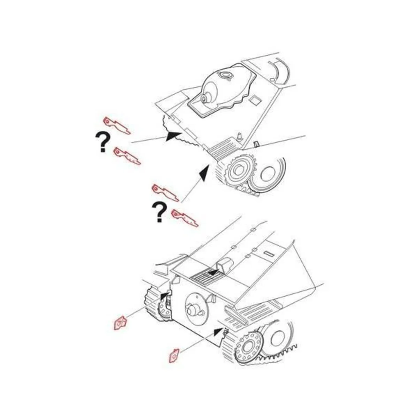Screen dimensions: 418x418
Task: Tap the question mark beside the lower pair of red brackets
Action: pos(159,212)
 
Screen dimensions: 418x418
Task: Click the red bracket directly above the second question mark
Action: pos(165,193)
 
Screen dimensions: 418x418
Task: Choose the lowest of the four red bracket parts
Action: pos(185,218)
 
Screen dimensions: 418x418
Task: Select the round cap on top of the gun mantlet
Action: pos(226,74)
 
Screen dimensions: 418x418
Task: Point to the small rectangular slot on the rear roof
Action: pos(268,253)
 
